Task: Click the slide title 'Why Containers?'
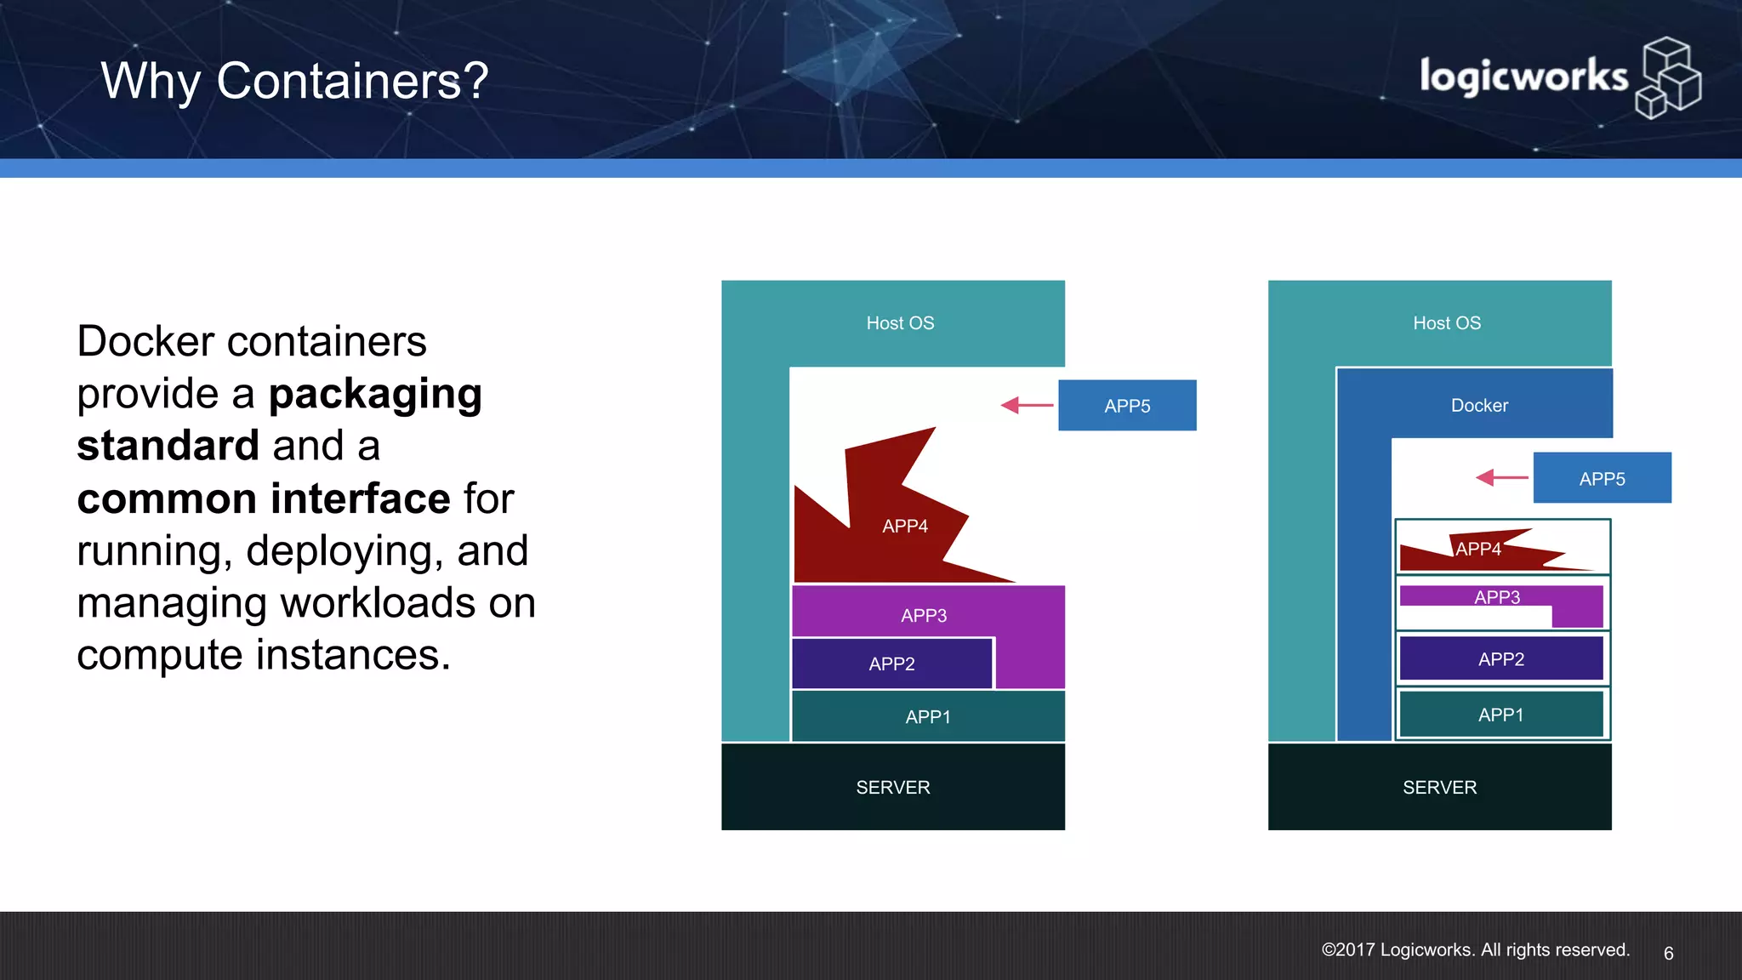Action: [x=294, y=81]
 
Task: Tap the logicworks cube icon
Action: [x=1668, y=77]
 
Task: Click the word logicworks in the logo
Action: [x=1523, y=77]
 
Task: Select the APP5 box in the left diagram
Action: [x=1127, y=406]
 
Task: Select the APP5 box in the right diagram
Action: [x=1602, y=478]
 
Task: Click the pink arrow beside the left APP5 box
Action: [x=1027, y=405]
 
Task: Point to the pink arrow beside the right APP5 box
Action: [x=1501, y=477]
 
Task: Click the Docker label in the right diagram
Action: [x=1479, y=406]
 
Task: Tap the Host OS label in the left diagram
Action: [x=900, y=323]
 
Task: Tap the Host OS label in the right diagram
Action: [x=1446, y=323]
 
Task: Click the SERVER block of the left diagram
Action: [x=893, y=787]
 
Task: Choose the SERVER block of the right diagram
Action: [x=1439, y=787]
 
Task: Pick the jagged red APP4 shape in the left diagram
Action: [x=885, y=527]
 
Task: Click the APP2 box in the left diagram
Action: [x=891, y=664]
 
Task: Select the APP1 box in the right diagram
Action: [x=1500, y=715]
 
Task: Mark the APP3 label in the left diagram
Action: [x=924, y=615]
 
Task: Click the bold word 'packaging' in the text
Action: [x=375, y=394]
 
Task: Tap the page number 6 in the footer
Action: [x=1668, y=953]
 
